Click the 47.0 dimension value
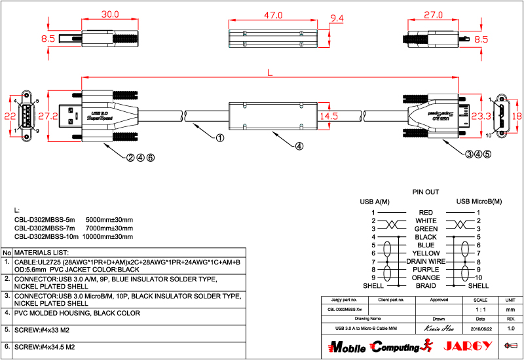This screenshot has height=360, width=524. pos(272,14)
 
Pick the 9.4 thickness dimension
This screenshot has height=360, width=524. pos(337,18)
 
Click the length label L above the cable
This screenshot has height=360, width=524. pos(270,74)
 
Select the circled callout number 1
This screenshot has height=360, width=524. pos(220,138)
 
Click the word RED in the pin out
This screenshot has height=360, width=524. pos(426,213)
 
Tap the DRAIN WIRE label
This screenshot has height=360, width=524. pos(426,261)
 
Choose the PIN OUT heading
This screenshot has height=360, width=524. pos(425,192)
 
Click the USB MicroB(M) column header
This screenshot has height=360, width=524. pos(479,201)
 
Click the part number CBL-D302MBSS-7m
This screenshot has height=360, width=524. pos(45,228)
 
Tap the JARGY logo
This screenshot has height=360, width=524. pos(466,346)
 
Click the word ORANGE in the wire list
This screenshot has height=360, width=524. pos(426,278)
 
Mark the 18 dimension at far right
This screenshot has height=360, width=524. pos(516,116)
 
